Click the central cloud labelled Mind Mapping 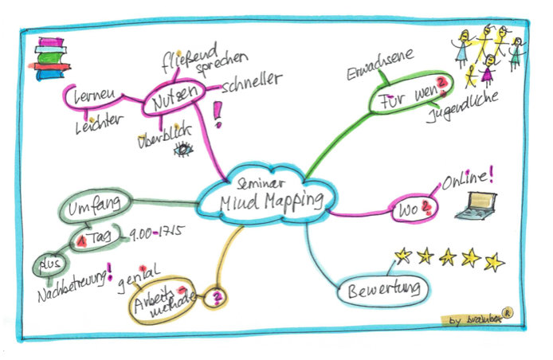tap(267, 194)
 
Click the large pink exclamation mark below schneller tap(218, 115)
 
